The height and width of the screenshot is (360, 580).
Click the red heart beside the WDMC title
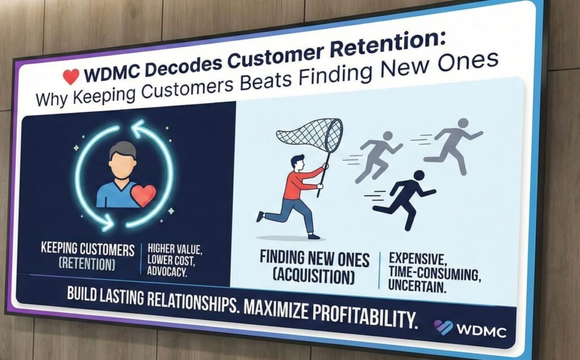71,76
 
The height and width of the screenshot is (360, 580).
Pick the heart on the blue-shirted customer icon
144,195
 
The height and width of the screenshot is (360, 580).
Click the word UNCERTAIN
417,286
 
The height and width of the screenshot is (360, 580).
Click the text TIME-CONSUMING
434,273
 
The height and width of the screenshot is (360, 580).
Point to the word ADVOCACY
167,271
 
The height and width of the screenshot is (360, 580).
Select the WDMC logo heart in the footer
443,327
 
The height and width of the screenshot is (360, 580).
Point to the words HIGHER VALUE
175,248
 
